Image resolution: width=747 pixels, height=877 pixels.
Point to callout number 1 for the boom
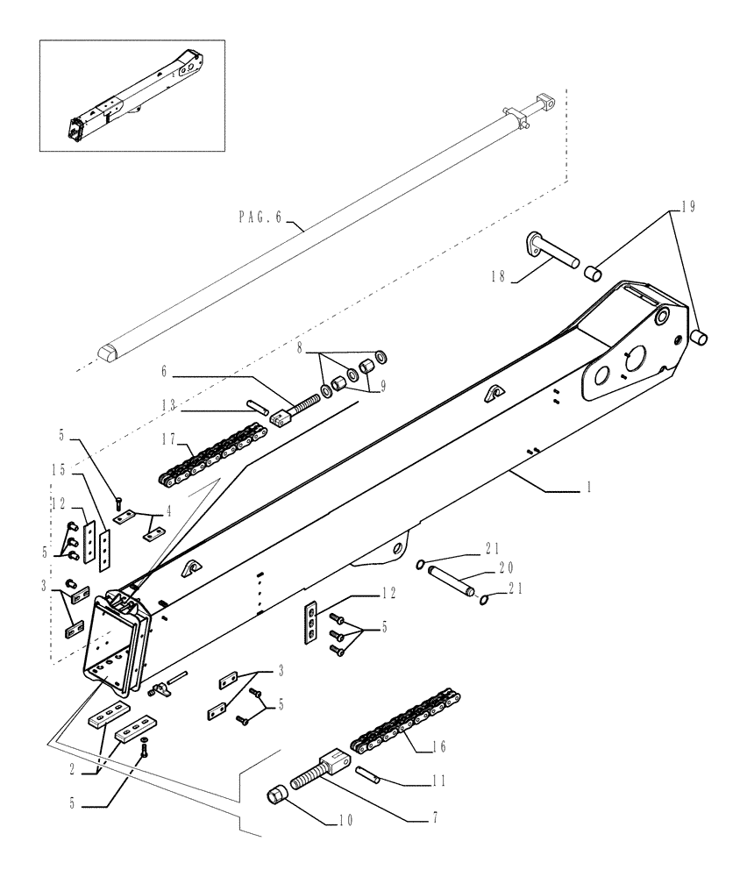click(x=589, y=486)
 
